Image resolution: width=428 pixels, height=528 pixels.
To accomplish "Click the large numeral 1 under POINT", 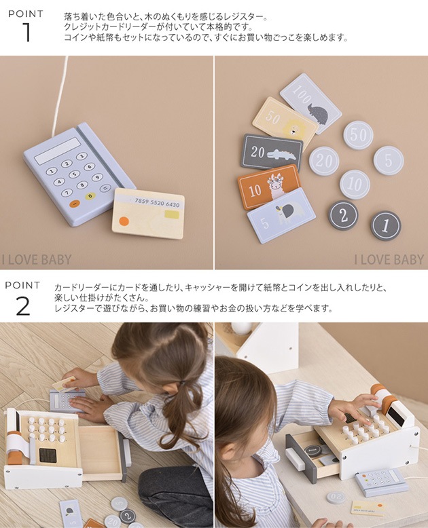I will point(25,32).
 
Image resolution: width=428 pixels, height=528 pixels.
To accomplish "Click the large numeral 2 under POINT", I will point(22,306).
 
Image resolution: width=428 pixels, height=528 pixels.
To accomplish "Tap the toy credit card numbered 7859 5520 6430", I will point(147,213).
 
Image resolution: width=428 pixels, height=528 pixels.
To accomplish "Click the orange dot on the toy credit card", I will point(124,221).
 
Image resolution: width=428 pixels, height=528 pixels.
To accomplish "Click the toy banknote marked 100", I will point(310,102).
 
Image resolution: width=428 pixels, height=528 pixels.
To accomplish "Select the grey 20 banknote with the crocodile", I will point(272,152).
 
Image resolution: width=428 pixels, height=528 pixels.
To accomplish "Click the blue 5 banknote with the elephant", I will point(281,216).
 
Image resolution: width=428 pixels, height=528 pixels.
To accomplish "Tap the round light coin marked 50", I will point(358,135).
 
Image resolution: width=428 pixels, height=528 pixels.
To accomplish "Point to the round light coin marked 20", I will point(324,161).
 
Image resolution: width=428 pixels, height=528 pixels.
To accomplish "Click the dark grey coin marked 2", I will point(344,215).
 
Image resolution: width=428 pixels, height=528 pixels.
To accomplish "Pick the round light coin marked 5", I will point(388,160).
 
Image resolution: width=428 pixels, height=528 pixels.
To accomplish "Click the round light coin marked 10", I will point(355,184).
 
